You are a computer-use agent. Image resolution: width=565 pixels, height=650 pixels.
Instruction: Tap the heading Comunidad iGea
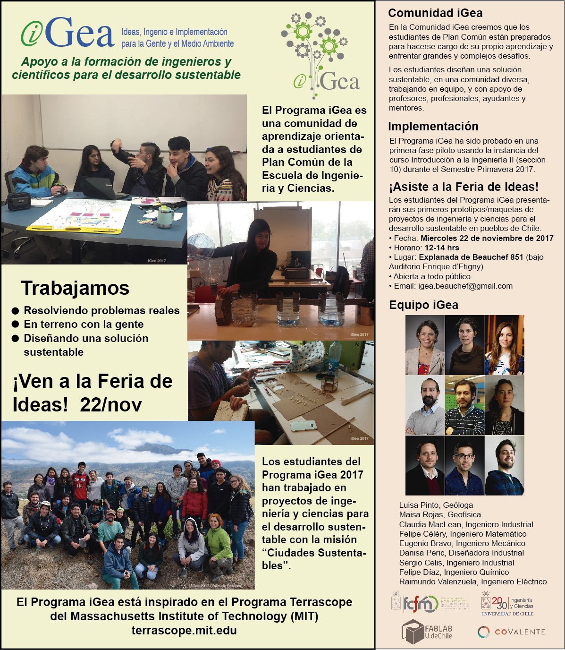435,13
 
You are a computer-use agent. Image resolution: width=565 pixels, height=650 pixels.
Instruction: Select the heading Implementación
433,126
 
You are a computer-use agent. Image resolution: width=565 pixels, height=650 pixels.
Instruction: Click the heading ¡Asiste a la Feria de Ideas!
463,187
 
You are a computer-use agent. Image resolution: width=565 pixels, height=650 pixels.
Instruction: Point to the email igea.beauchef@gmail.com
465,286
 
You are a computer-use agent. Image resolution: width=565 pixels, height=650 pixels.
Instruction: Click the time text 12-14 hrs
441,248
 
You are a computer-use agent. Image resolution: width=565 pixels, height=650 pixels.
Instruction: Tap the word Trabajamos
75,288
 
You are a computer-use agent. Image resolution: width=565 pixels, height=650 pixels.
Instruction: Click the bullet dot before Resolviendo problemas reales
16,311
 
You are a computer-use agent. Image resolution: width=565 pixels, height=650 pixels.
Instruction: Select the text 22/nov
111,404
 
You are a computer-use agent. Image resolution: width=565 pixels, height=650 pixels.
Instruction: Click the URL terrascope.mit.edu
184,630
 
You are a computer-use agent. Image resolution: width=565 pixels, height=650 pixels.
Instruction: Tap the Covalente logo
511,632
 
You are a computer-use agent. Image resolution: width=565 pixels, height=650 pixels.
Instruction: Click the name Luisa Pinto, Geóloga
436,505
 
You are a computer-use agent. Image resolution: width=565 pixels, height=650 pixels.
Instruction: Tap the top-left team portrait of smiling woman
425,345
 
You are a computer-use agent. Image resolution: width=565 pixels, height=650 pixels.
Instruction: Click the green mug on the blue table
165,217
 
